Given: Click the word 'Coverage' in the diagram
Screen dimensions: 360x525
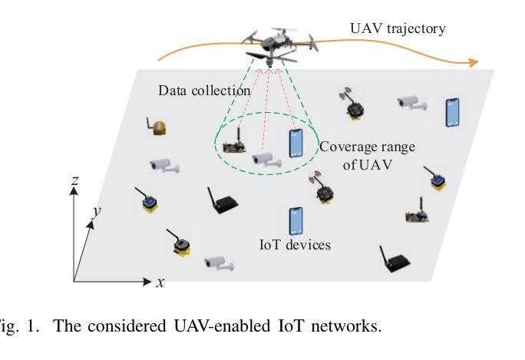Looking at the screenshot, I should click(346, 145).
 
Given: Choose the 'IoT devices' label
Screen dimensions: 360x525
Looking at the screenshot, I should click(294, 246).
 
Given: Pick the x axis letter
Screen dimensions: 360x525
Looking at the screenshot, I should click(160, 282).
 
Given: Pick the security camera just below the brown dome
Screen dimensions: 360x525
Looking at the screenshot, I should click(164, 164).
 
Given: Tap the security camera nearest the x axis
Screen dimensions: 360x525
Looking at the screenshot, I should click(219, 263).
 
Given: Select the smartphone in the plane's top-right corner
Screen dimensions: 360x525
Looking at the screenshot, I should click(453, 111).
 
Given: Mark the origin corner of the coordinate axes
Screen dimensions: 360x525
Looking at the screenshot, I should click(74, 282).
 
